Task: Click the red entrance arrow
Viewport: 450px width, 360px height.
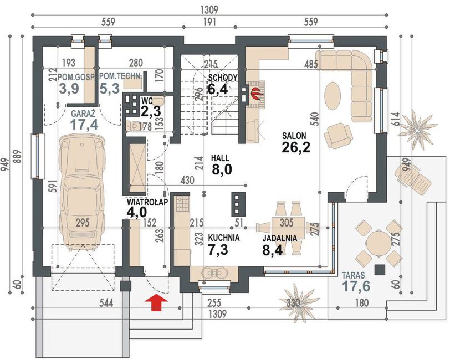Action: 156,302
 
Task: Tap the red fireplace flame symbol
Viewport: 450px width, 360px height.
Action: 255,92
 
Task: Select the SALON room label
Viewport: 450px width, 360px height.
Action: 294,135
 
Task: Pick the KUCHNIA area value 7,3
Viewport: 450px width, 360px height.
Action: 218,249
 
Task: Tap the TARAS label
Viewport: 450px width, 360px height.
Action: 353,275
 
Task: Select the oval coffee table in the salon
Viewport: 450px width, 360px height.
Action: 333,96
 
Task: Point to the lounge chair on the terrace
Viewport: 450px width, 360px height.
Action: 412,177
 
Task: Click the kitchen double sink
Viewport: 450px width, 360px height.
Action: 214,272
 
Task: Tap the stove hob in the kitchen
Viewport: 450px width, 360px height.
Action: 182,203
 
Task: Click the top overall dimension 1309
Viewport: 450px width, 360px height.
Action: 210,9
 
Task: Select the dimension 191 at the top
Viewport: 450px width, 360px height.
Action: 209,22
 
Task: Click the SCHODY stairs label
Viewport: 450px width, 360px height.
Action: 223,78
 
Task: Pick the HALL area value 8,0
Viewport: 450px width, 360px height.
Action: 222,169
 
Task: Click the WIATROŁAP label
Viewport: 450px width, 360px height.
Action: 147,202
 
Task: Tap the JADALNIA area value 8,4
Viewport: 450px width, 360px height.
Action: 273,249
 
